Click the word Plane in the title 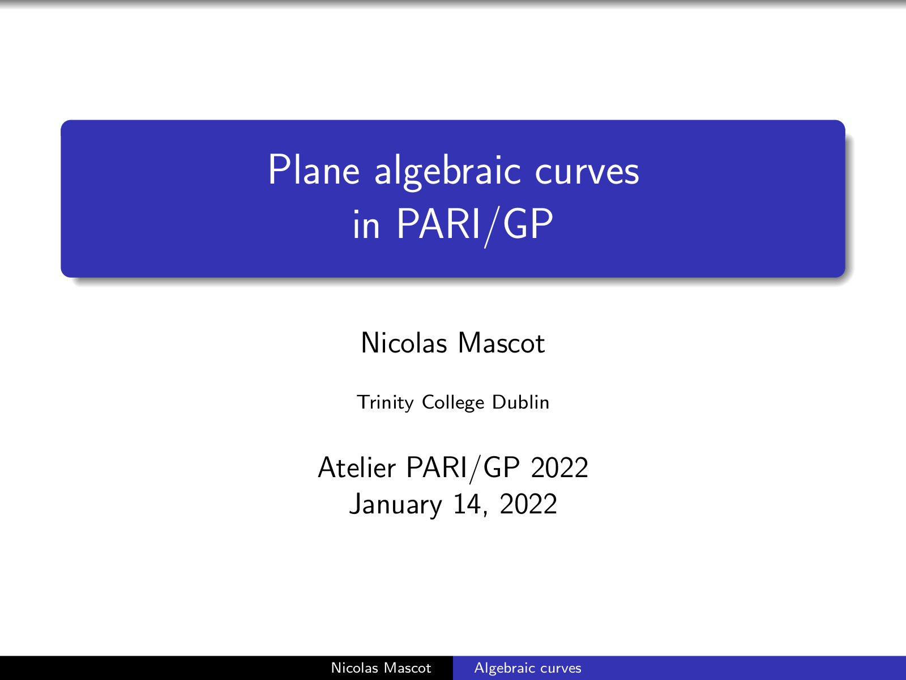click(x=314, y=169)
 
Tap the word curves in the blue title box click(x=587, y=173)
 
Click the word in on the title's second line click(x=366, y=224)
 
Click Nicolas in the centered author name click(x=404, y=343)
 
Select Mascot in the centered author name click(x=502, y=343)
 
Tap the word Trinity click(x=385, y=402)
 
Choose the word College click(x=453, y=402)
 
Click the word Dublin click(x=520, y=402)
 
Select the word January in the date click(x=395, y=504)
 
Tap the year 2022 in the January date click(x=528, y=504)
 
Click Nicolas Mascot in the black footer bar click(x=381, y=668)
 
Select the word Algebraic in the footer click(x=503, y=668)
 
